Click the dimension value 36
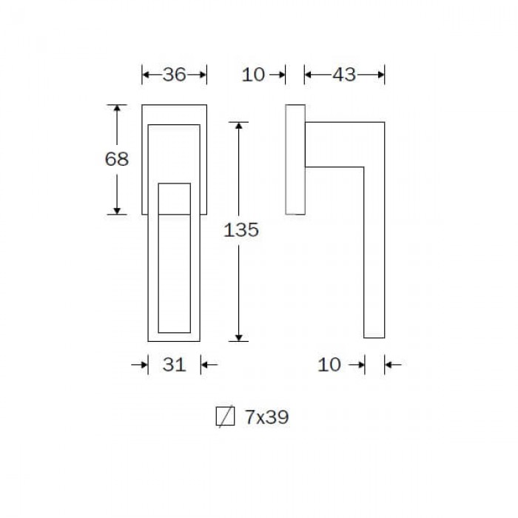174,75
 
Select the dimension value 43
344,75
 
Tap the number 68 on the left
117,159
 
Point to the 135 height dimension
241,230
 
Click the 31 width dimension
174,365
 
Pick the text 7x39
267,417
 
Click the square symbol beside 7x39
225,416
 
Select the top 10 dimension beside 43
253,75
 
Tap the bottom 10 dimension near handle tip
329,365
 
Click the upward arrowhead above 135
238,126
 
